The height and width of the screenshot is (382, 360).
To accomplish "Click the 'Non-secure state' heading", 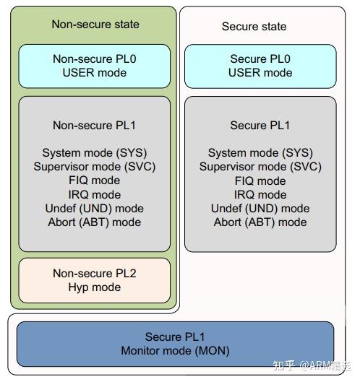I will click(x=95, y=24).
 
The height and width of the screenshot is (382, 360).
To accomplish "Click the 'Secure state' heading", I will click(x=254, y=26).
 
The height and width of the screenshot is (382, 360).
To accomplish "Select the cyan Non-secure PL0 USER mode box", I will click(x=94, y=66).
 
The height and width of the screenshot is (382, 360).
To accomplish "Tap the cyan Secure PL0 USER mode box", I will click(x=260, y=66).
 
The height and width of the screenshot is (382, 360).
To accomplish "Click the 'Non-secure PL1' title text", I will click(x=94, y=125).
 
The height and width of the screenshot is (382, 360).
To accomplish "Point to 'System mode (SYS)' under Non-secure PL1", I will click(x=94, y=153).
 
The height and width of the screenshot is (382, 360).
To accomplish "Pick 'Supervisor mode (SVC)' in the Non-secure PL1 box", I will click(x=94, y=167).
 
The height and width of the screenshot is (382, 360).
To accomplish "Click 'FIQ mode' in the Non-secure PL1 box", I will click(x=94, y=181).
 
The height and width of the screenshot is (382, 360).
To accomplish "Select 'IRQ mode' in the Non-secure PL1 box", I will click(x=94, y=194).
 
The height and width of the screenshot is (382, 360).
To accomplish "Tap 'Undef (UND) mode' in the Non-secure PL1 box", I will click(x=94, y=208).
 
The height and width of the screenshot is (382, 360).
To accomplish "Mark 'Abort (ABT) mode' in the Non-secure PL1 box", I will click(x=94, y=222).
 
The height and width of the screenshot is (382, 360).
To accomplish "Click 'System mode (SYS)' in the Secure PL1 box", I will click(x=260, y=153).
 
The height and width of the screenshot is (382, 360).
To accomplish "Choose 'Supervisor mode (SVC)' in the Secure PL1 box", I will click(x=260, y=167).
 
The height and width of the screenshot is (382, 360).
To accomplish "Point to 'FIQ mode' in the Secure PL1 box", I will click(x=260, y=181).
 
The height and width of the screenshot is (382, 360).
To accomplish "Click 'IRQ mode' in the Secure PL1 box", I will click(x=260, y=194).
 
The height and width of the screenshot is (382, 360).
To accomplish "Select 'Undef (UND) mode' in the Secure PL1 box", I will click(x=260, y=208).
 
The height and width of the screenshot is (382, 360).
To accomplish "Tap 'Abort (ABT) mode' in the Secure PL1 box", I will click(x=260, y=222).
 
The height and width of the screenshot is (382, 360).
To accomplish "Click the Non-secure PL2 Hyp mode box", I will click(x=94, y=280).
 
